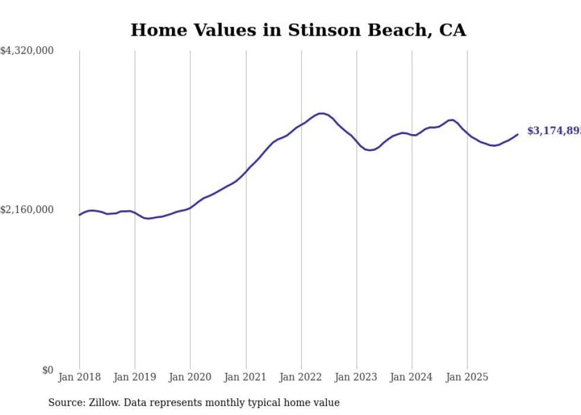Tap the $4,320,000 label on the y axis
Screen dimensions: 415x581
tap(27, 51)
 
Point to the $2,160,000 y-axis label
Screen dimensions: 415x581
tap(27, 210)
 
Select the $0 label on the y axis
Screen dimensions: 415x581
tap(47, 370)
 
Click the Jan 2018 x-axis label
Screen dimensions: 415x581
tap(79, 377)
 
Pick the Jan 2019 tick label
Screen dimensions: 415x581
tap(135, 377)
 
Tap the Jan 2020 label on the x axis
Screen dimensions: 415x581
tap(190, 377)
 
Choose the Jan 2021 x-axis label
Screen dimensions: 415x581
tap(245, 377)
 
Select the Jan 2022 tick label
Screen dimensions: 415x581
tap(301, 377)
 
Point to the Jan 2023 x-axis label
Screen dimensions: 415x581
tap(356, 377)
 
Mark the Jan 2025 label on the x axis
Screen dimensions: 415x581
tap(467, 377)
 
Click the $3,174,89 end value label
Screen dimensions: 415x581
tap(553, 131)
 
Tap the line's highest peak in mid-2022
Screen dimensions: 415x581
tap(321, 113)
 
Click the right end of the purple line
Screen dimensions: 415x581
tap(518, 134)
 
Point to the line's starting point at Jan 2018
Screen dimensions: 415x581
tap(79, 215)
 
